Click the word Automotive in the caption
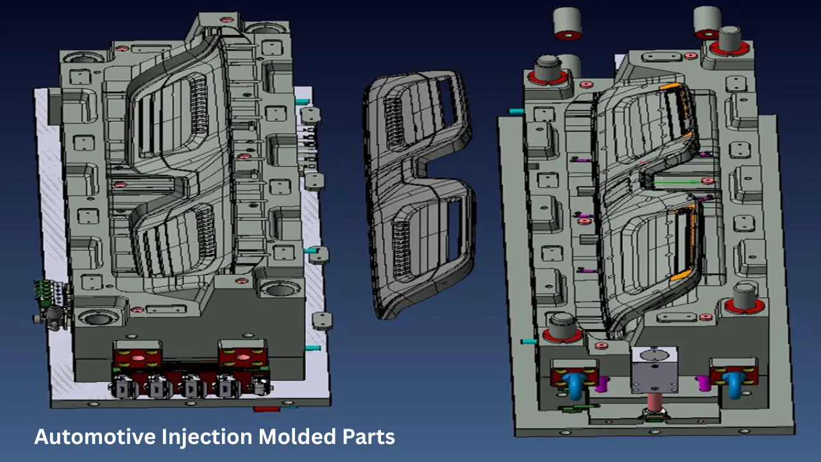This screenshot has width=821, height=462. (x=94, y=437)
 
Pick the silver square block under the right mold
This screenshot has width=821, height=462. (x=654, y=369)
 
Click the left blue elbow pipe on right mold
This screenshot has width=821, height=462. (x=576, y=386)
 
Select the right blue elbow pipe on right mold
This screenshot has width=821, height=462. (x=734, y=386)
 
